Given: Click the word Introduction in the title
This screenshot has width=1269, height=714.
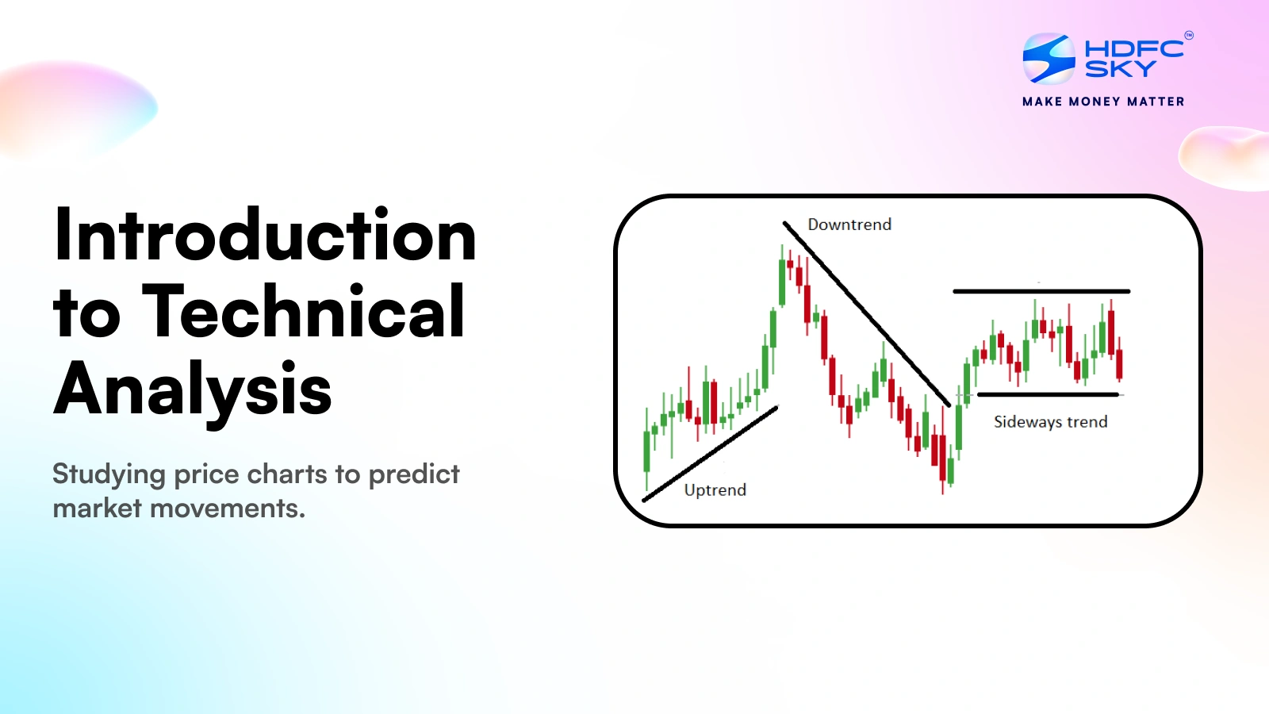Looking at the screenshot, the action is (x=265, y=234).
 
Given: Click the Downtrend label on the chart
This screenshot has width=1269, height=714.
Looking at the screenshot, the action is (x=849, y=225).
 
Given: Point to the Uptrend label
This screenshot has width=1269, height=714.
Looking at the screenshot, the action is (x=715, y=490).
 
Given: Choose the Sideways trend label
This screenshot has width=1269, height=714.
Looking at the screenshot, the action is (x=1050, y=421).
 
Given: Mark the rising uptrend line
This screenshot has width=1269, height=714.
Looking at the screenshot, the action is (x=710, y=454).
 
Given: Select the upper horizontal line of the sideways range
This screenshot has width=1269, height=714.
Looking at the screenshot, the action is (x=1041, y=291).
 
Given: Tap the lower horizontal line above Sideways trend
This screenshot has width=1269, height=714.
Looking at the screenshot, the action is (x=1048, y=394).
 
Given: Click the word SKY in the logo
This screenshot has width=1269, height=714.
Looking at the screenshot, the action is (x=1120, y=68).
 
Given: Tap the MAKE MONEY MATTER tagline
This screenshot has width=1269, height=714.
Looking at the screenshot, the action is (x=1103, y=102).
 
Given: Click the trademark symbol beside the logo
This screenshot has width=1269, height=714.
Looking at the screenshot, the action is (x=1189, y=36).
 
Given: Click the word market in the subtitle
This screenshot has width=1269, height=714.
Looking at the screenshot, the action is (x=97, y=508).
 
